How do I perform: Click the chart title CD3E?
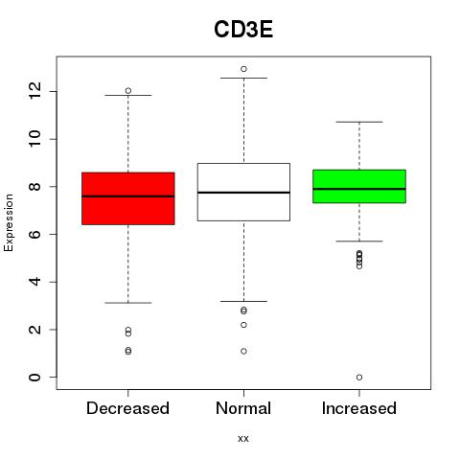[243, 30]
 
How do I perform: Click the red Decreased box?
[128, 198]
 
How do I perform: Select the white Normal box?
[243, 192]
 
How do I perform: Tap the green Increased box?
[359, 186]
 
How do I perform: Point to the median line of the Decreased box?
[128, 196]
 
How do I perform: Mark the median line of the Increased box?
[359, 189]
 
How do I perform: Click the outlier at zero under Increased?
[359, 378]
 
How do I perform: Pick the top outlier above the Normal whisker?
[243, 69]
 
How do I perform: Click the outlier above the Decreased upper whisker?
[128, 91]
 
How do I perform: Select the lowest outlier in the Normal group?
[243, 351]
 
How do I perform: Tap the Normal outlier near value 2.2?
[243, 325]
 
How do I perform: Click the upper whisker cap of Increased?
[359, 122]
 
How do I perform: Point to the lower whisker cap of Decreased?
[128, 303]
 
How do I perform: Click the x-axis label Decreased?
[127, 408]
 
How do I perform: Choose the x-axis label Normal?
[243, 408]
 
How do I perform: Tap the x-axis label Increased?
[359, 408]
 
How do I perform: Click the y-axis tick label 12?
[35, 90]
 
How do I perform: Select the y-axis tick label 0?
[35, 378]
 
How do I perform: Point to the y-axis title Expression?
[9, 222]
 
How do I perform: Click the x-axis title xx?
[243, 439]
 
